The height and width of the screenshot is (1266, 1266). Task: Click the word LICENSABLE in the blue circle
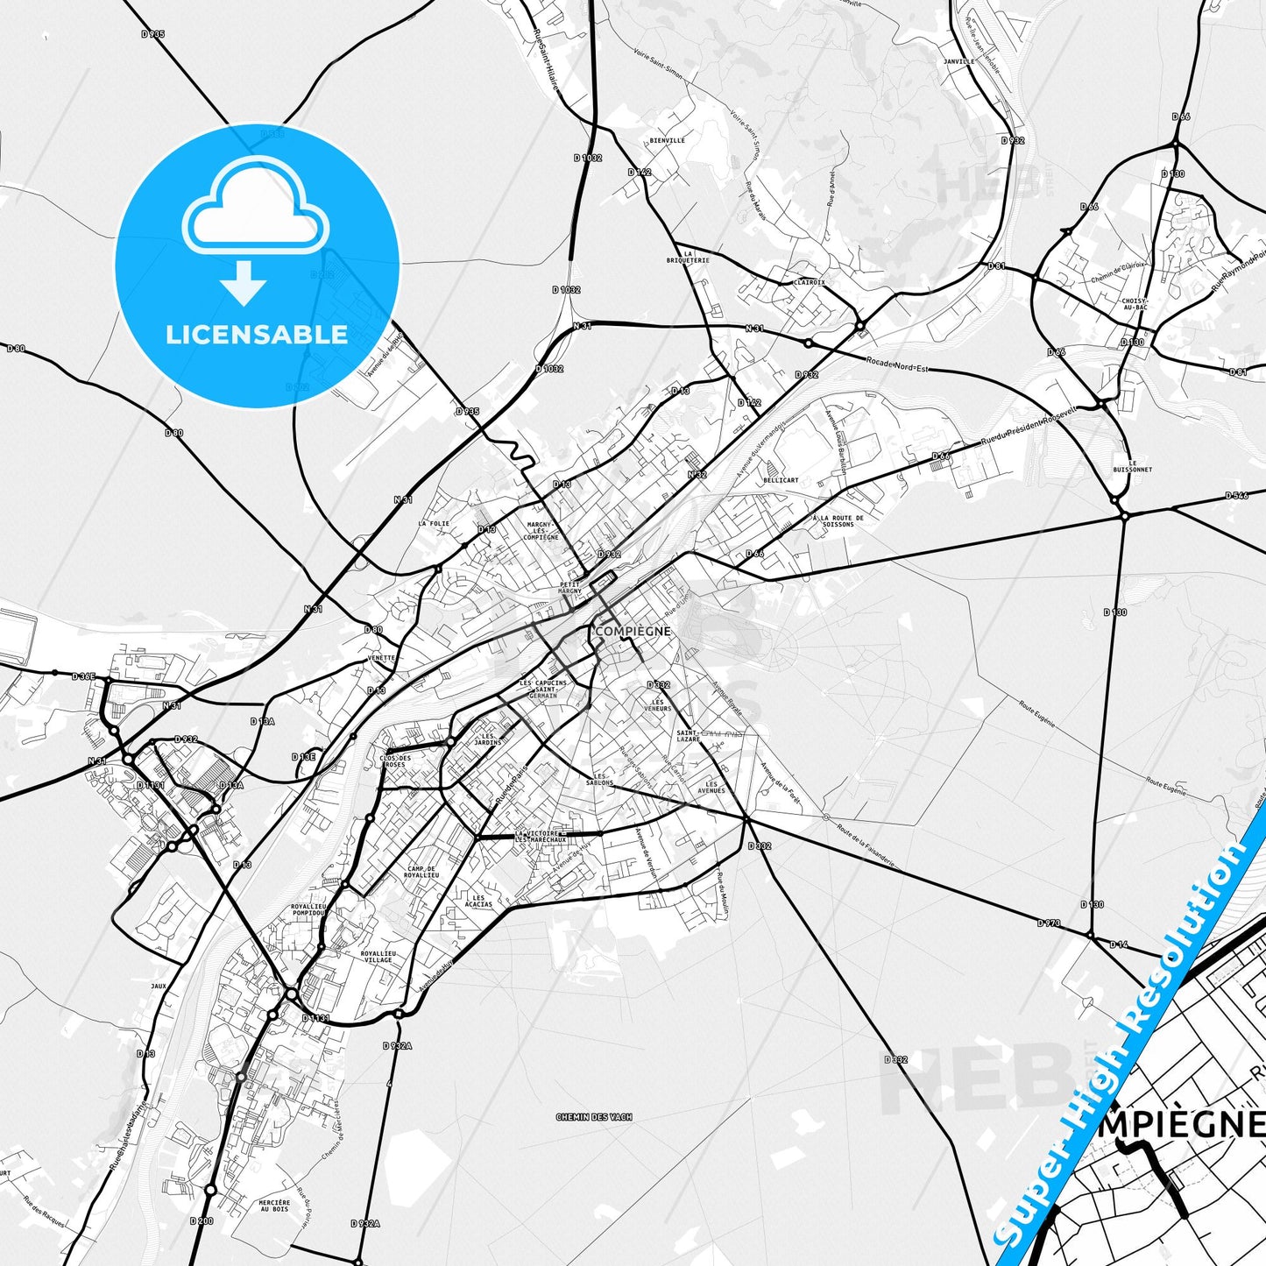click(x=257, y=335)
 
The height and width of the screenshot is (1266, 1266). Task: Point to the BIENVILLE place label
click(x=668, y=140)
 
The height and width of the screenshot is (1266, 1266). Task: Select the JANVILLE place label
click(x=959, y=62)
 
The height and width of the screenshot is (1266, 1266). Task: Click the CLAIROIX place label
click(x=809, y=282)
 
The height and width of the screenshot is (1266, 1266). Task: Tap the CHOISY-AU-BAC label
click(x=1135, y=304)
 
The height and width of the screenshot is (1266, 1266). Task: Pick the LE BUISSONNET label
click(x=1133, y=466)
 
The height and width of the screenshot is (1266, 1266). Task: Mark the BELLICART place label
click(x=781, y=480)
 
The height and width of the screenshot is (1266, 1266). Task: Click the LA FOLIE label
click(x=434, y=524)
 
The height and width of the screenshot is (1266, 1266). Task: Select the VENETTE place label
click(x=382, y=658)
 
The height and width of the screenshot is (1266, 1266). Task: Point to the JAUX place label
click(x=158, y=986)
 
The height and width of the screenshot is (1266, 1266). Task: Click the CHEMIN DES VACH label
click(x=594, y=1117)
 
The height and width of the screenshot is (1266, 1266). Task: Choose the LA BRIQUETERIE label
click(x=688, y=257)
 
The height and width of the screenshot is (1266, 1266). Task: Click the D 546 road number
click(x=1236, y=496)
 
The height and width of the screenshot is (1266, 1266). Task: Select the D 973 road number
click(x=1049, y=923)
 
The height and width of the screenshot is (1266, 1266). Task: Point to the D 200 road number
click(x=201, y=1220)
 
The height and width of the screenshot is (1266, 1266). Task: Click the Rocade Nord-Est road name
click(x=896, y=365)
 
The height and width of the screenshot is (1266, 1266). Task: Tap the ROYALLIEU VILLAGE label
click(x=377, y=956)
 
